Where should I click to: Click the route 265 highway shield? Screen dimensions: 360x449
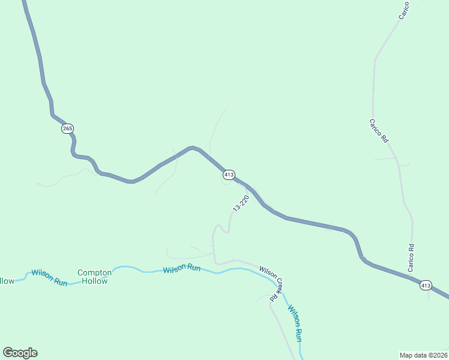pos(67,129)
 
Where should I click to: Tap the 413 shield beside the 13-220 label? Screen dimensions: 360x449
pos(228,175)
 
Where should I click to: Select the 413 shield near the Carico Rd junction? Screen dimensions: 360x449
pos(425,286)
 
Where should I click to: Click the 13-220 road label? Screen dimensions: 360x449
pos(241,203)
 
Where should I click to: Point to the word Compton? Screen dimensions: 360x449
pos(95,272)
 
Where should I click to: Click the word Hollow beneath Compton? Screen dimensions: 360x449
pos(95,281)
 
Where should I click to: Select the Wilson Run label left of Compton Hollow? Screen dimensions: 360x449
pos(49,277)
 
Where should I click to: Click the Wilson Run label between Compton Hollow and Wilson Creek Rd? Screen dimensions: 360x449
pos(182,268)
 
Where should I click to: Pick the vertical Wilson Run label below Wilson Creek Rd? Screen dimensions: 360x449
pos(295,323)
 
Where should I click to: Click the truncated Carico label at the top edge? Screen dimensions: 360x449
pos(405,10)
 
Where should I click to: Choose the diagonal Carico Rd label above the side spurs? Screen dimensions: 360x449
pos(379,130)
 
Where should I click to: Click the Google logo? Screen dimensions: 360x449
pos(20,353)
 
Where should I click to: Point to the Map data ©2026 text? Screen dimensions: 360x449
pos(423,355)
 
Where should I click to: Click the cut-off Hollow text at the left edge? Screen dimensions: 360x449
pos(7,280)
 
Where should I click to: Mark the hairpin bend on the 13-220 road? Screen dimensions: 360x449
pos(220,227)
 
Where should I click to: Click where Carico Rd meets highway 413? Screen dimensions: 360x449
pos(411,276)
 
